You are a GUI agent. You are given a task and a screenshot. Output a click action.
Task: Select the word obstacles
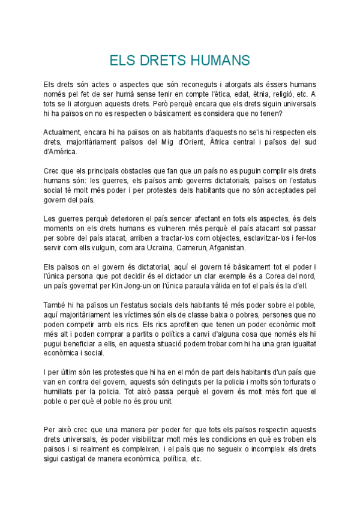pyautogui.click(x=133, y=171)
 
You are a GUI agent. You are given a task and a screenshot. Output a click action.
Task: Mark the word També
pyautogui.click(x=56, y=305)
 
